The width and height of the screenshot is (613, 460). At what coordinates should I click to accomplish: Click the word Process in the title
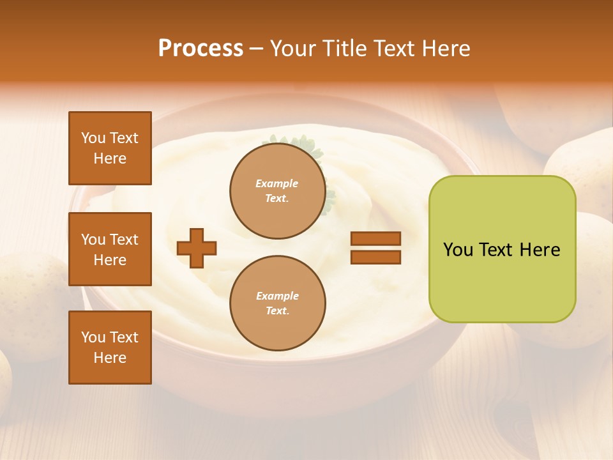(201, 49)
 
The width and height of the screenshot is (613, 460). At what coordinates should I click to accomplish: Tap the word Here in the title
(444, 49)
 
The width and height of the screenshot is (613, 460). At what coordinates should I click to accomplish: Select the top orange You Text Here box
(110, 148)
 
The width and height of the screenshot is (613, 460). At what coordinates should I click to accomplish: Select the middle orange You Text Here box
(110, 249)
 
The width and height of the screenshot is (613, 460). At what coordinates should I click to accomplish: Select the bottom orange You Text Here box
(110, 348)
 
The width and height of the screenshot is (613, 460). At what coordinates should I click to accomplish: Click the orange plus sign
(197, 249)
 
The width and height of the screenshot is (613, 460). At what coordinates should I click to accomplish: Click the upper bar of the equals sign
(375, 239)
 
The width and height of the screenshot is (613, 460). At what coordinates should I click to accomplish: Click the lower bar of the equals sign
(375, 257)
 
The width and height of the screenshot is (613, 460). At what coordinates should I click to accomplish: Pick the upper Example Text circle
(278, 191)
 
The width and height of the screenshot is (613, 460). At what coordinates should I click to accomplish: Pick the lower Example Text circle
(278, 303)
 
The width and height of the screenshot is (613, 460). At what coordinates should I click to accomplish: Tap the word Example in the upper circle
(277, 183)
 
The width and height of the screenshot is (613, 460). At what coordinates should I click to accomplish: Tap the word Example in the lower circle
(277, 296)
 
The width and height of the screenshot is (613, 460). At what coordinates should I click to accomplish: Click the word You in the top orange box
(93, 138)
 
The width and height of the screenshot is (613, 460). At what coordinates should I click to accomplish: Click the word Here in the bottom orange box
(110, 358)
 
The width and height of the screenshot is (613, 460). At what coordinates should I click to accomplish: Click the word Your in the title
(292, 49)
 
